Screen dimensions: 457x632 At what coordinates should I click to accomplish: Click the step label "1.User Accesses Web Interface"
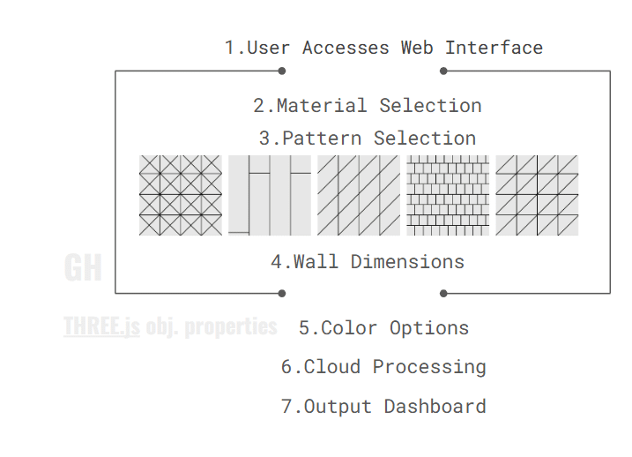pyautogui.click(x=383, y=48)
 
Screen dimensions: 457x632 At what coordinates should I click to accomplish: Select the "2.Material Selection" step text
pyautogui.click(x=368, y=106)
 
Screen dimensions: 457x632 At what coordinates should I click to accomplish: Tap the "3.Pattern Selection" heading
pyautogui.click(x=368, y=139)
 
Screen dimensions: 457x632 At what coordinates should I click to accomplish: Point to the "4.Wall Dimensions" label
pyautogui.click(x=368, y=262)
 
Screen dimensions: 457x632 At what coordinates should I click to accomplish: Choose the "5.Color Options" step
pyautogui.click(x=383, y=328)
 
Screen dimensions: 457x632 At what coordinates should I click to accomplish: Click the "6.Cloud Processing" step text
pyautogui.click(x=383, y=367)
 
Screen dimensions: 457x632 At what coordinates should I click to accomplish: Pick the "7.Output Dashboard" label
pyautogui.click(x=383, y=407)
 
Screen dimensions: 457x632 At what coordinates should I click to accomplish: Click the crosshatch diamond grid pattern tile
pyautogui.click(x=181, y=195)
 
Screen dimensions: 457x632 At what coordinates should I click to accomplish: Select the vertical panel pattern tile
pyautogui.click(x=270, y=195)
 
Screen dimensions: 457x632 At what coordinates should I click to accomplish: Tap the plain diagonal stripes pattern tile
pyautogui.click(x=359, y=195)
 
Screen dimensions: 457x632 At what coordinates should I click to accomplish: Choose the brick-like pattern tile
pyautogui.click(x=448, y=195)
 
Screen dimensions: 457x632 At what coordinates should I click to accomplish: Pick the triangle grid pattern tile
pyautogui.click(x=537, y=195)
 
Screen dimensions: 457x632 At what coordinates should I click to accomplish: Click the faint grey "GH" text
pyautogui.click(x=83, y=267)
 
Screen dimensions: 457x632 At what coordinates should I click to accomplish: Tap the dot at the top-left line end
pyautogui.click(x=282, y=71)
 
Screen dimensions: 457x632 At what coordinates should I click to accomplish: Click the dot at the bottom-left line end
pyautogui.click(x=282, y=293)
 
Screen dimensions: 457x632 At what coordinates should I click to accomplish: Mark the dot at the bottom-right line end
pyautogui.click(x=443, y=293)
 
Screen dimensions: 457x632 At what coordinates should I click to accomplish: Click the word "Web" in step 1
pyautogui.click(x=417, y=48)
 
